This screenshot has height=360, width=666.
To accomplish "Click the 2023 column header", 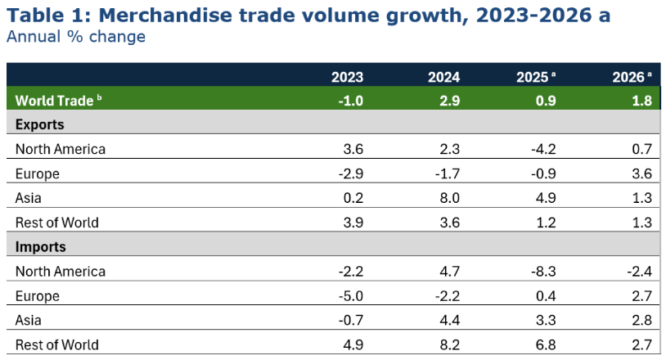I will pyautogui.click(x=347, y=78).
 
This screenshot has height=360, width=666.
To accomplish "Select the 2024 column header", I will pyautogui.click(x=443, y=78).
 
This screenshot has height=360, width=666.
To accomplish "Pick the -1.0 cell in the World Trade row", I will pyautogui.click(x=349, y=101).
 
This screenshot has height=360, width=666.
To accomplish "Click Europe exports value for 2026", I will pyautogui.click(x=642, y=173).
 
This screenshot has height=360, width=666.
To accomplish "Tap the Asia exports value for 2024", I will pyautogui.click(x=449, y=198).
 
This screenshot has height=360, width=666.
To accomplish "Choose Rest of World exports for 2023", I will pyautogui.click(x=353, y=223).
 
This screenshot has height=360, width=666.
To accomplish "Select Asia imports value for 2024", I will pyautogui.click(x=449, y=320).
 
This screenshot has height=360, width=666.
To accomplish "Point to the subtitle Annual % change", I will pyautogui.click(x=76, y=37).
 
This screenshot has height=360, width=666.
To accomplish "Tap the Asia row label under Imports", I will pyautogui.click(x=29, y=320).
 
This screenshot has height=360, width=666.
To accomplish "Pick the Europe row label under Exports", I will pyautogui.click(x=38, y=173).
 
